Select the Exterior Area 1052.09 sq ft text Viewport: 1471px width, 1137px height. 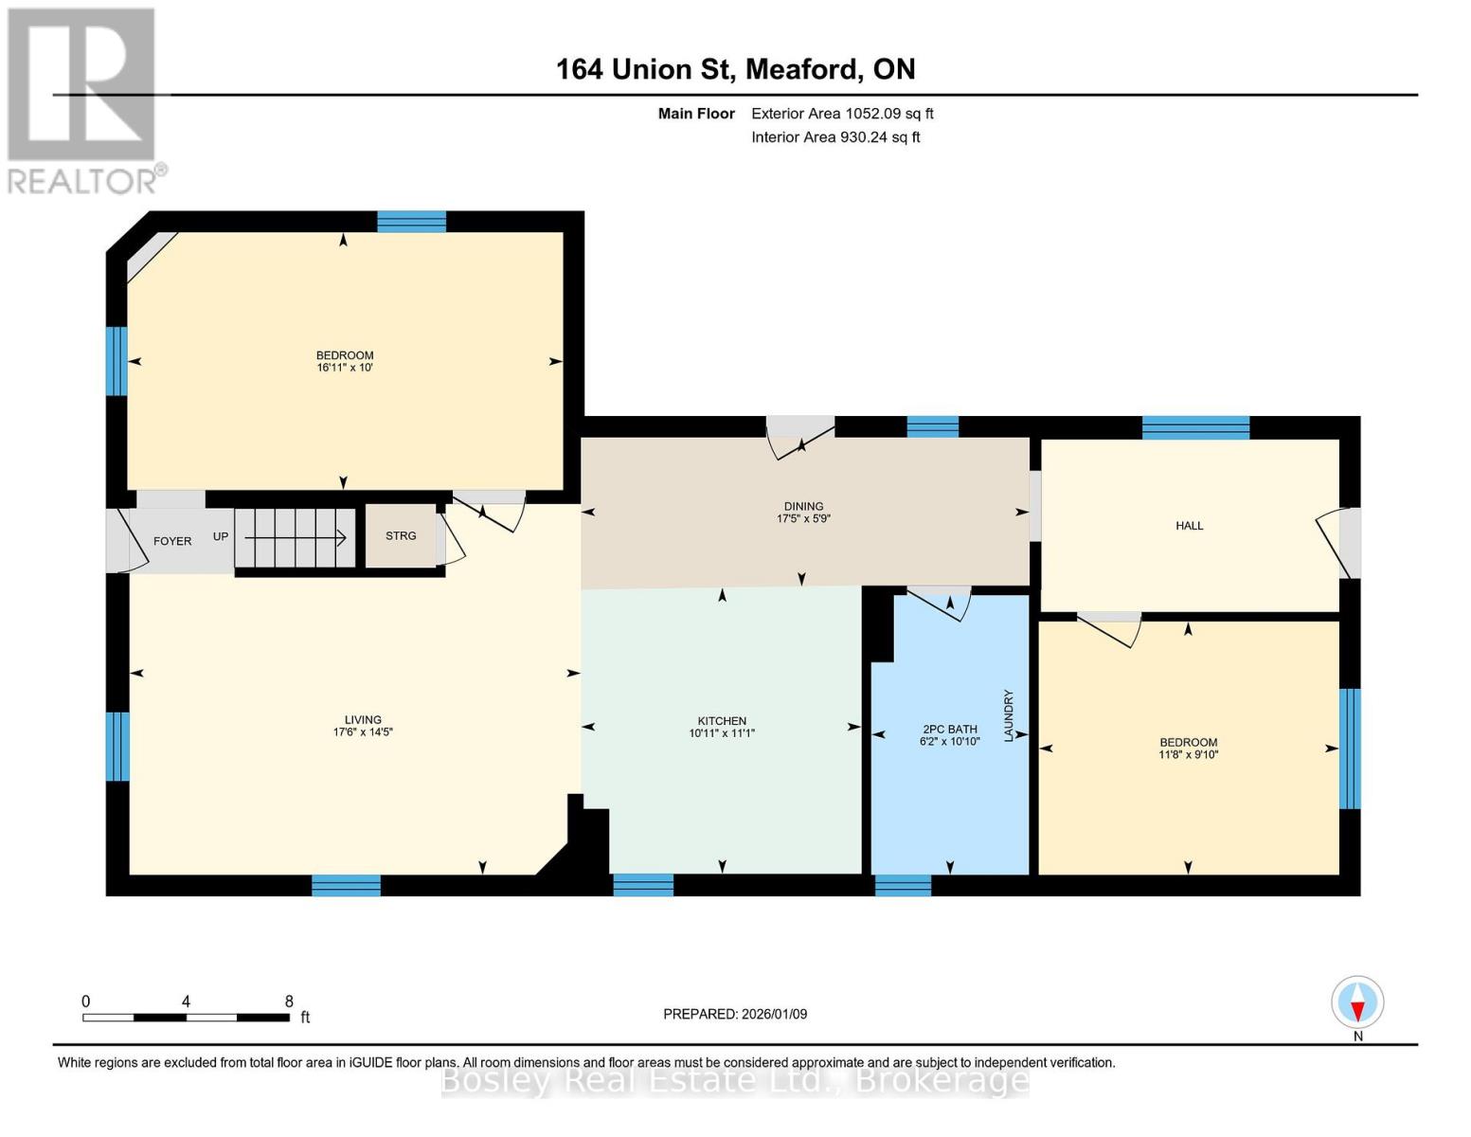click(841, 114)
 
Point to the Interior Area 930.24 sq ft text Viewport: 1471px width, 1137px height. click(835, 137)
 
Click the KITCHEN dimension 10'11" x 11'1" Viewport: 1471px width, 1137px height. click(722, 733)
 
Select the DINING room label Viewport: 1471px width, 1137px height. click(803, 506)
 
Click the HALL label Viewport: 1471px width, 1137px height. click(1189, 526)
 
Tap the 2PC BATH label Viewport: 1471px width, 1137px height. click(949, 730)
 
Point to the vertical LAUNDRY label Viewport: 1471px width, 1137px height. click(1009, 715)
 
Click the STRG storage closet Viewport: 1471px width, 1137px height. click(401, 536)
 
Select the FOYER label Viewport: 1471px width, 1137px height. click(172, 541)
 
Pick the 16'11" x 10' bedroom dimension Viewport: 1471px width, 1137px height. click(345, 368)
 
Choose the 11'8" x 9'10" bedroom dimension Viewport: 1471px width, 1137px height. click(1188, 755)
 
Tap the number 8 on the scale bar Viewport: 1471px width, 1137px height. click(289, 1002)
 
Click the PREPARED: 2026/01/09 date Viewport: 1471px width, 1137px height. click(735, 1014)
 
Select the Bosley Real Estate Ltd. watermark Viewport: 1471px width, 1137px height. click(735, 1080)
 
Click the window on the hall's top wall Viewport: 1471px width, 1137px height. click(1195, 427)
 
